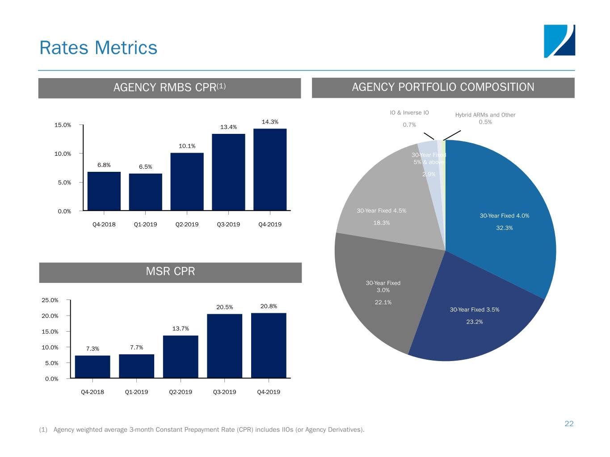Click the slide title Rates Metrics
coord(98,48)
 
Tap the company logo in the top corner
coord(559,41)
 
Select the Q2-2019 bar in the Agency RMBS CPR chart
coord(187,181)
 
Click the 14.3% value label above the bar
coord(270,122)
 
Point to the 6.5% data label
coord(145,167)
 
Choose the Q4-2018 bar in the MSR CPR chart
coord(93,366)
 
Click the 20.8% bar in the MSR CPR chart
coord(269,345)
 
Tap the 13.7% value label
coord(181,329)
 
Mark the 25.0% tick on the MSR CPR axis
coord(50,300)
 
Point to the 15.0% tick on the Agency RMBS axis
coord(63,125)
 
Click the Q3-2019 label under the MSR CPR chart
coord(224,392)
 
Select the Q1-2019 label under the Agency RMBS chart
coord(145,224)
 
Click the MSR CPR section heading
coord(170,272)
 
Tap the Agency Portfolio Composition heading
coord(443,87)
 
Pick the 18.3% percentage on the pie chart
coord(381,223)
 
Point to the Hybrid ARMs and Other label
coord(485,115)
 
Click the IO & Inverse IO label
coord(409,112)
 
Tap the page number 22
coord(569,424)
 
